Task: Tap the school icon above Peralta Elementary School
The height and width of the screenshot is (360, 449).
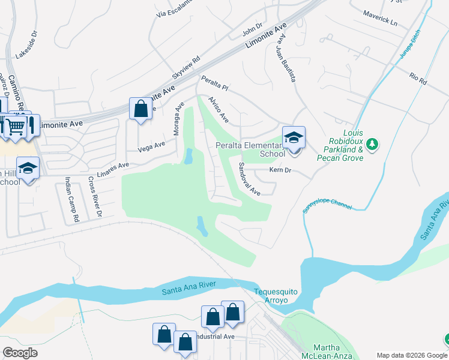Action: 294,137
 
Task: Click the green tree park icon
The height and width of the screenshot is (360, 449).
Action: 372,144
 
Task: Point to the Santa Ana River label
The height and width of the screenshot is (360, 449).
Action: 188,292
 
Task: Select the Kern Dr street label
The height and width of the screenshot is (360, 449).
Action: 280,171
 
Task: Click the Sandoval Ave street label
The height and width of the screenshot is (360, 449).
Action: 249,179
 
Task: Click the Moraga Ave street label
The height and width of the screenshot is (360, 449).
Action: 178,119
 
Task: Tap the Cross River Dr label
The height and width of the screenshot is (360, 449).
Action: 95,196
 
